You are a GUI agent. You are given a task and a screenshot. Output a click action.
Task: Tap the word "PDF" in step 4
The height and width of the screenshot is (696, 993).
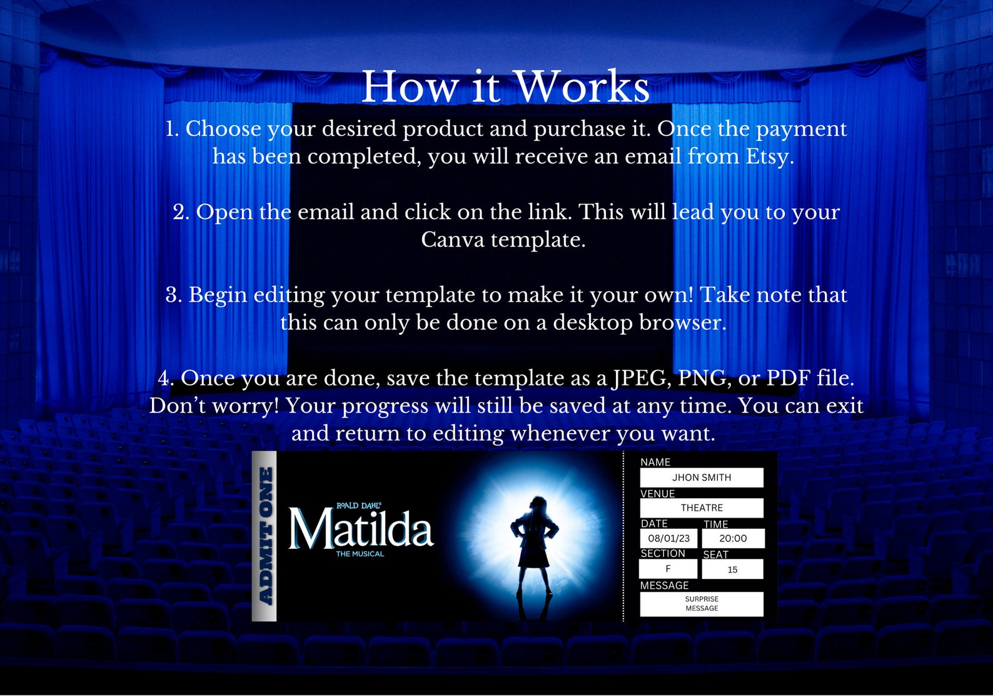[x=788, y=378]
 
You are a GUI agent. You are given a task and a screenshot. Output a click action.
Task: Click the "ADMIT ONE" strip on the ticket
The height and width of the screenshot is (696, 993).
[x=265, y=536]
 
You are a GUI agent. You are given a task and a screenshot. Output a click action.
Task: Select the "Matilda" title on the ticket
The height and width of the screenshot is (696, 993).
[x=360, y=530]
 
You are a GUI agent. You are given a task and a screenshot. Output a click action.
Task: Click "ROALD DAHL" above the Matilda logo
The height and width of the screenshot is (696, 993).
[x=358, y=506]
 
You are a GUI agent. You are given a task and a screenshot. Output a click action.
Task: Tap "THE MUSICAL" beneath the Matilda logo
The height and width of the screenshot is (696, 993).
[x=360, y=554]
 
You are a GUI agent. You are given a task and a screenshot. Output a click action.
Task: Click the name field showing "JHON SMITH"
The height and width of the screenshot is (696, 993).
[x=702, y=478]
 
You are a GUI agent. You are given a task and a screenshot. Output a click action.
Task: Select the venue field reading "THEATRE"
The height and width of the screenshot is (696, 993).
[x=702, y=508]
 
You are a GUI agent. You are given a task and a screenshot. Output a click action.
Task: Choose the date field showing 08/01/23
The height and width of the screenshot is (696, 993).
[x=668, y=538]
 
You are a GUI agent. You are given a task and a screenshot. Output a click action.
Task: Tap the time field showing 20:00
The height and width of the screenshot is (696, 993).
[x=733, y=538]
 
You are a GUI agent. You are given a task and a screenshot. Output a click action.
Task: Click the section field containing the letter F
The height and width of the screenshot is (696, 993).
[x=668, y=569]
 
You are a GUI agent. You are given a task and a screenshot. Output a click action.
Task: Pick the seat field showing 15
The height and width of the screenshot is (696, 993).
[x=732, y=570]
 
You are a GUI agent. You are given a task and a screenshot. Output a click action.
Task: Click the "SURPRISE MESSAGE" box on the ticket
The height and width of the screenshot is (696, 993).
[x=702, y=604]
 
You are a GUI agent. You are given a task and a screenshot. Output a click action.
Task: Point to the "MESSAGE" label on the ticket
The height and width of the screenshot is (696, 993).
[x=664, y=585]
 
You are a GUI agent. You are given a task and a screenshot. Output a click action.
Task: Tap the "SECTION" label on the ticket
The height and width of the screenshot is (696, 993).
[x=663, y=553]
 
